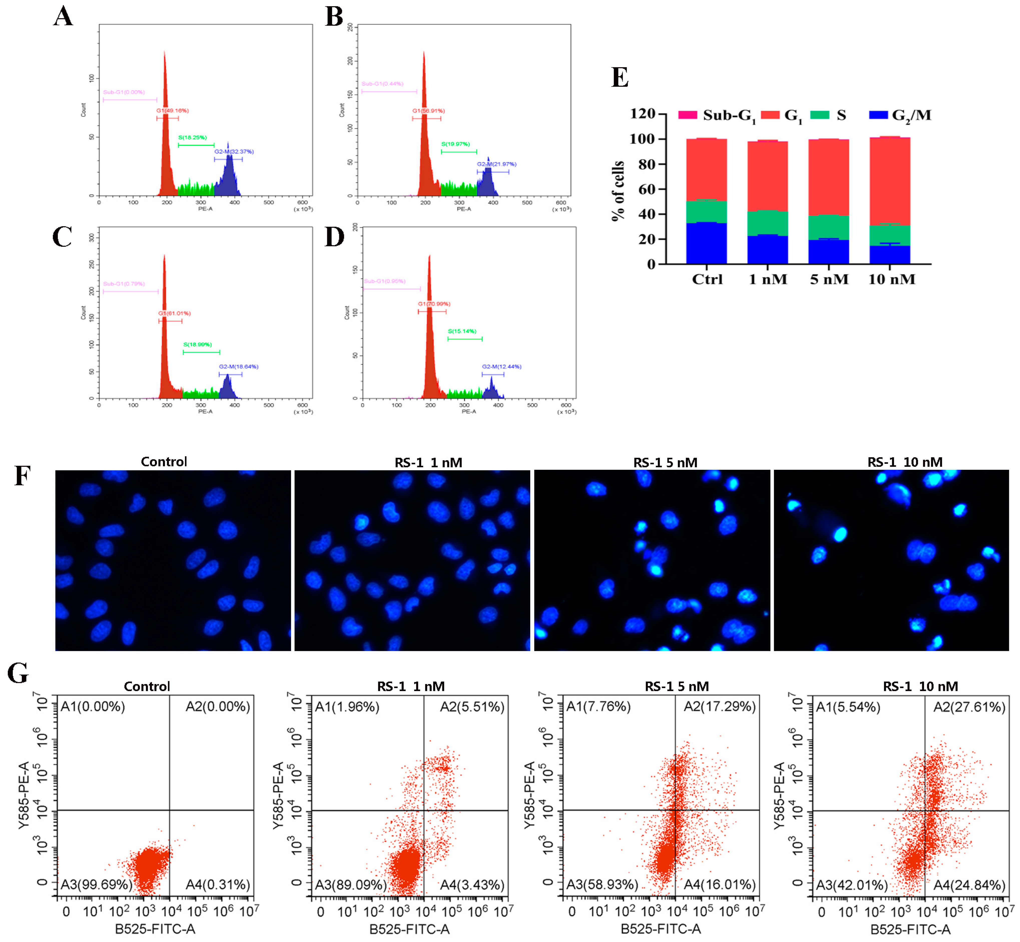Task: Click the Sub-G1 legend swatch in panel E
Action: pyautogui.click(x=687, y=115)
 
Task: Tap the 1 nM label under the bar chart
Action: pyautogui.click(x=768, y=279)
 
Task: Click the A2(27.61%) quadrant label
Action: pyautogui.click(x=969, y=707)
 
